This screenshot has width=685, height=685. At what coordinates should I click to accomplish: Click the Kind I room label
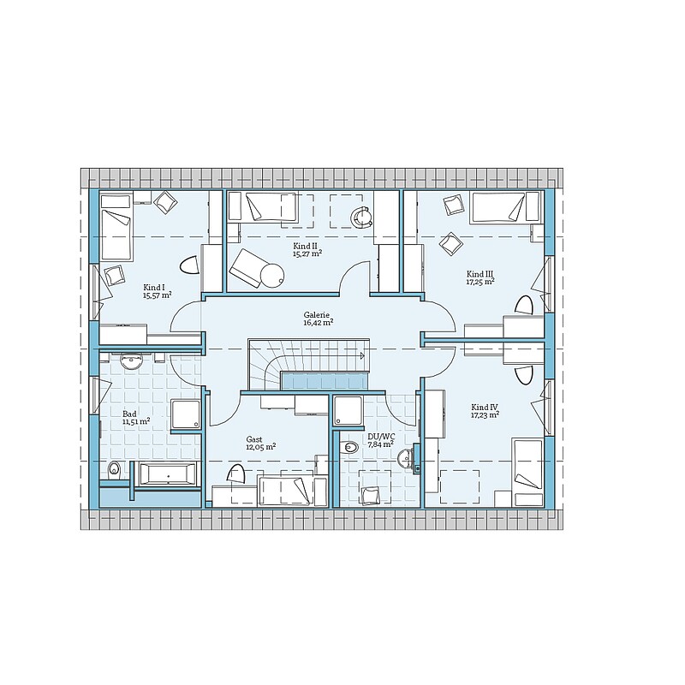click(154, 288)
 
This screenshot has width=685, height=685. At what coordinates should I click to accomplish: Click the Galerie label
click(316, 314)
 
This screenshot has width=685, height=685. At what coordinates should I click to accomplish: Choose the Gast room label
click(253, 439)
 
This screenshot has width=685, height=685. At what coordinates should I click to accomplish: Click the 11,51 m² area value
click(137, 421)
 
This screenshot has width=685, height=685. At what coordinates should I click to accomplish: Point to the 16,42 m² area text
click(319, 323)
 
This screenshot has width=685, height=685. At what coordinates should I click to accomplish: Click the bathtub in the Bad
click(168, 474)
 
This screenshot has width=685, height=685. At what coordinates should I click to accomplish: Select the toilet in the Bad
click(114, 469)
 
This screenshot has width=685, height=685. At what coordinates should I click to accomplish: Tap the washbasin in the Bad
click(132, 361)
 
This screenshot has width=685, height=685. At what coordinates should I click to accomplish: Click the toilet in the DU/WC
click(349, 448)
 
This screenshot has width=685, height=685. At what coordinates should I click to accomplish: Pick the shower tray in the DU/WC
click(348, 411)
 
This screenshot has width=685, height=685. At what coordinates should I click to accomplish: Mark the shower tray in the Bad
click(186, 414)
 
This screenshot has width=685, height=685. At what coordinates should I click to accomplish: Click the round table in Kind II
click(272, 276)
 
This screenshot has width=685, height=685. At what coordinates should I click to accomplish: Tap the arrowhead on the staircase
click(362, 356)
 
